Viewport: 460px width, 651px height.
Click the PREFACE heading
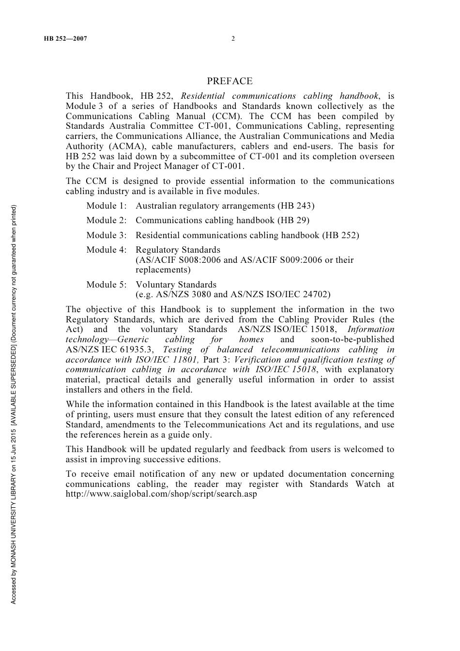[x=230, y=81]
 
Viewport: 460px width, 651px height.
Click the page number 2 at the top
[x=233, y=39]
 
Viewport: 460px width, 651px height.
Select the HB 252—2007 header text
[x=65, y=39]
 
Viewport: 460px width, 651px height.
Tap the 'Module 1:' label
[x=107, y=206]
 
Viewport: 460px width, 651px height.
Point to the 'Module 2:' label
[x=107, y=220]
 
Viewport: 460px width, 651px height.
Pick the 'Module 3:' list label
[x=107, y=235]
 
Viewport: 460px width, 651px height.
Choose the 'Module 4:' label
[x=107, y=250]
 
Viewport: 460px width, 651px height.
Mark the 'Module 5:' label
[x=107, y=285]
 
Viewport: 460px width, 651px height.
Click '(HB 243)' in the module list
[x=296, y=206]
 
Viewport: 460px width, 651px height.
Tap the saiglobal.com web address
[x=161, y=494]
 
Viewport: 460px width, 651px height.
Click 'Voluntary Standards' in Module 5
[x=176, y=285]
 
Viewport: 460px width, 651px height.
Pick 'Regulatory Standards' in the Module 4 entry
[x=178, y=250]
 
